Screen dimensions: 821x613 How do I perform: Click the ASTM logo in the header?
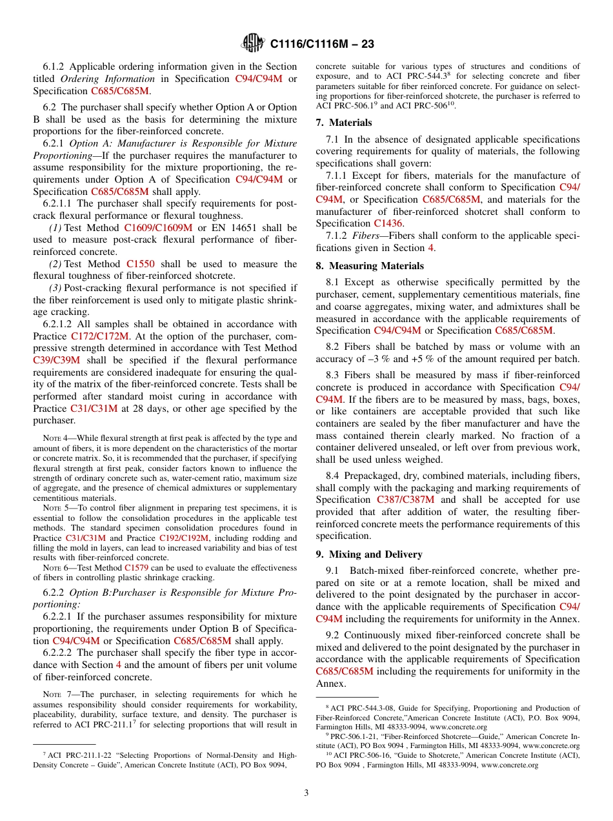[x=252, y=43]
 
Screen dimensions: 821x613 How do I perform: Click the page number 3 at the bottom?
[x=306, y=793]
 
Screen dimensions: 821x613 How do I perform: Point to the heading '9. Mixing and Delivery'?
[x=369, y=554]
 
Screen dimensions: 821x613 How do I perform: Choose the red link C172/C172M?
[x=100, y=336]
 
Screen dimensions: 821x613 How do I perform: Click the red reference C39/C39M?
[x=56, y=360]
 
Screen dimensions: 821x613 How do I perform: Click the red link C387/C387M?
[x=405, y=500]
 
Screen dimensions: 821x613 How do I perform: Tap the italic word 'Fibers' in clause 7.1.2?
[x=366, y=236]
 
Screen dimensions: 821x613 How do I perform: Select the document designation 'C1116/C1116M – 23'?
[x=322, y=44]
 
